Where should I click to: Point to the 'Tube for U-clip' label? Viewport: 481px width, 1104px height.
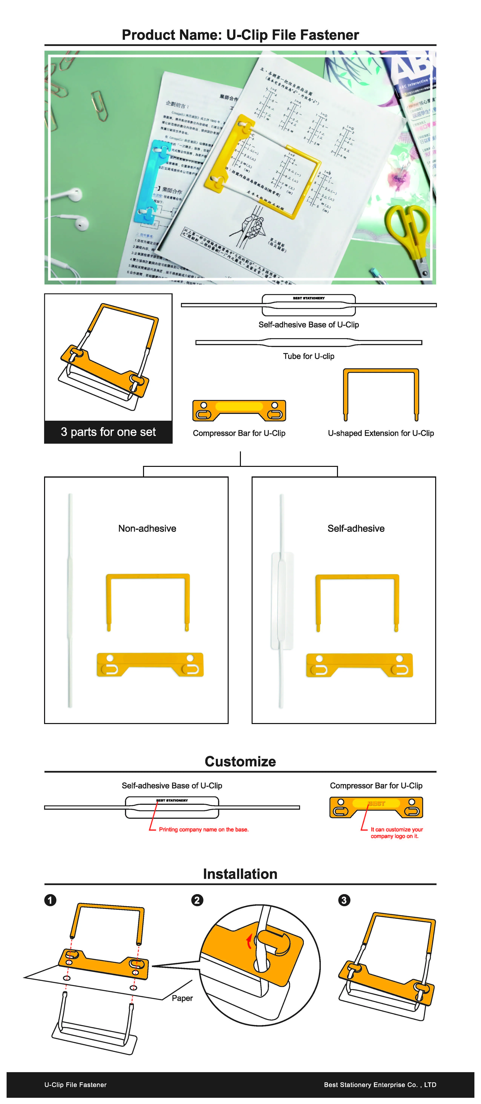308,356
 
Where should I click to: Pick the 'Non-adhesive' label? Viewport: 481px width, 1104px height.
147,528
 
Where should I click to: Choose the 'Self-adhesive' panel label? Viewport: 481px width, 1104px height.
356,528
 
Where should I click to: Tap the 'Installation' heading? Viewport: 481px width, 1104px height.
240,874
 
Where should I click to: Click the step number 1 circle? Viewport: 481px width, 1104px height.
50,900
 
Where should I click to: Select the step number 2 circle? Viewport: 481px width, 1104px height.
197,900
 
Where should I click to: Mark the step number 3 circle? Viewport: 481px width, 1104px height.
344,900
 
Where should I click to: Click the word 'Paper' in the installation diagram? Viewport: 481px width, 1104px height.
182,998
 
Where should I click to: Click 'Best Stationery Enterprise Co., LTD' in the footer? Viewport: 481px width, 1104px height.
380,1085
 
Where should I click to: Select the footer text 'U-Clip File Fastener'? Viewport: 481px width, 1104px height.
75,1085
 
